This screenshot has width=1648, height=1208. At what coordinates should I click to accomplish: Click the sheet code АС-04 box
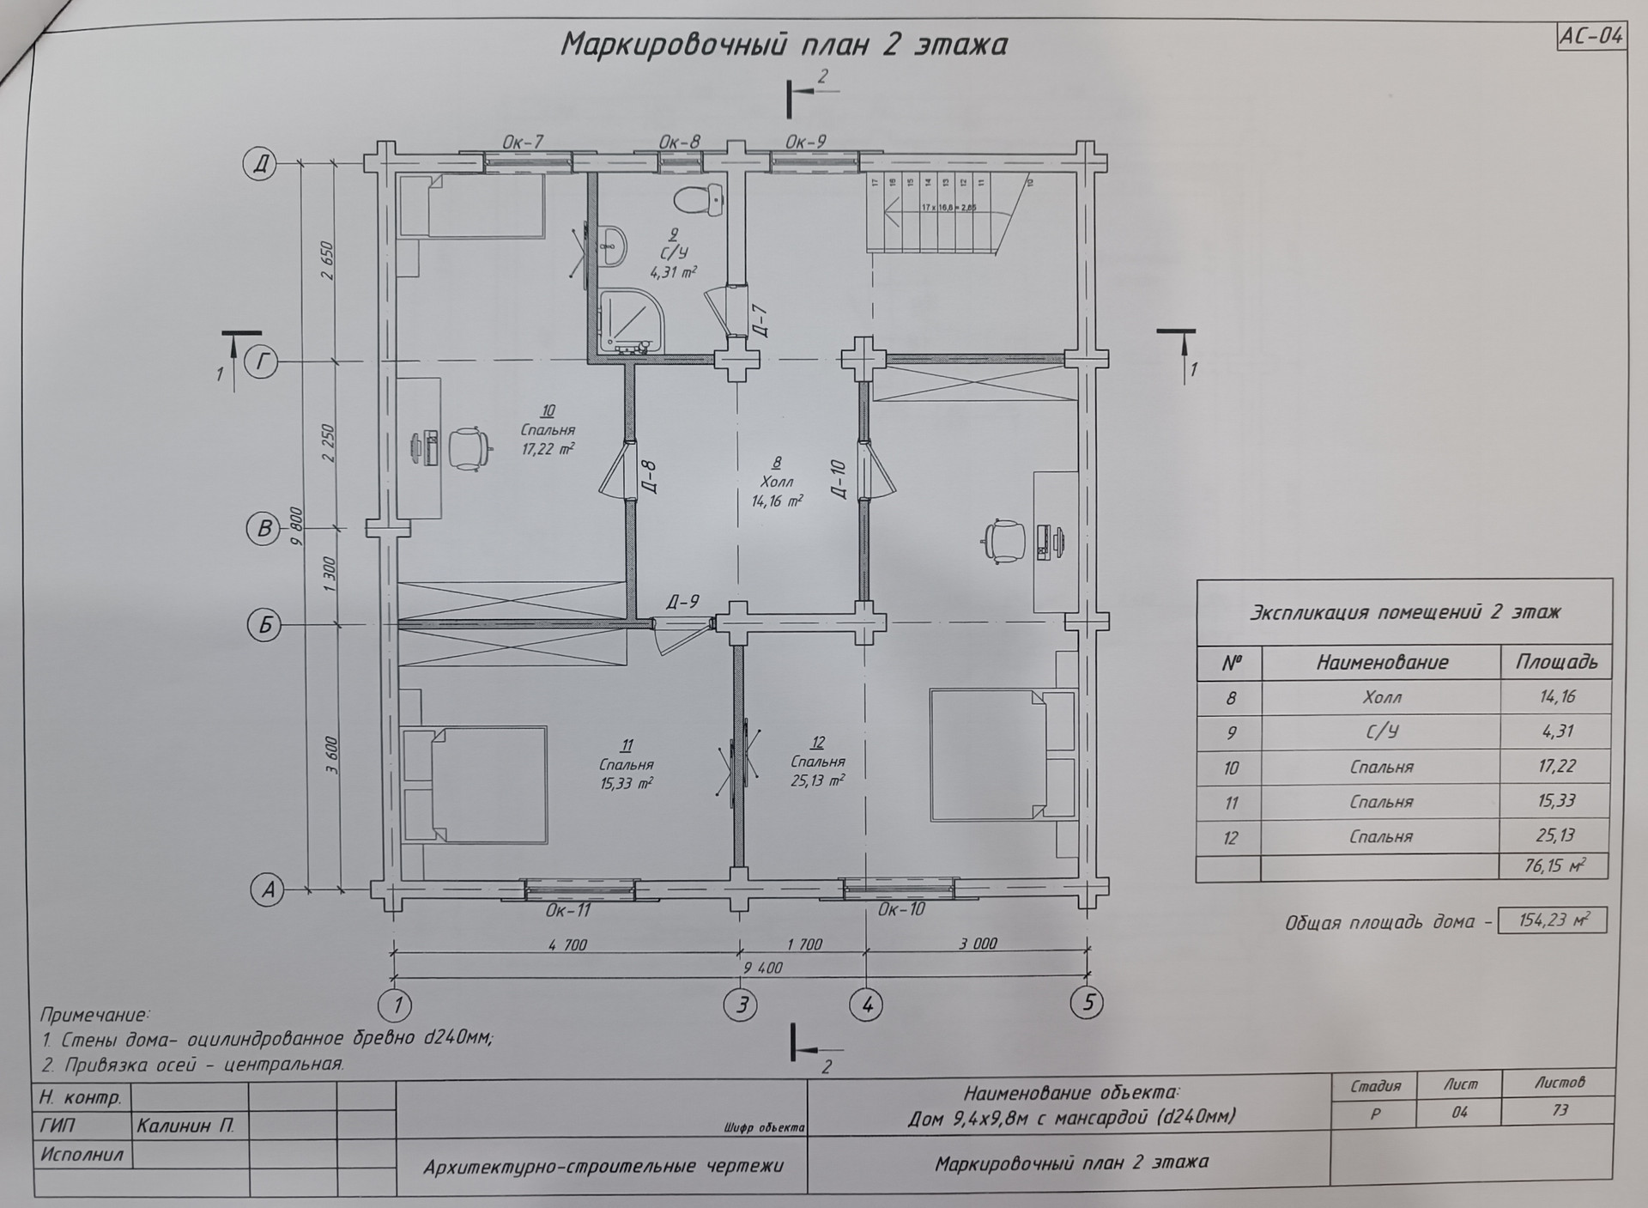click(1590, 37)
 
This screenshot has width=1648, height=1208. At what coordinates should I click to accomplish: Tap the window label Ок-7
click(522, 142)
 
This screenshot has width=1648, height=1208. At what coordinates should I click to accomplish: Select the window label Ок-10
click(901, 909)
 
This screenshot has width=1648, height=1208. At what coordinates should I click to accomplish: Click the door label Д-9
click(682, 602)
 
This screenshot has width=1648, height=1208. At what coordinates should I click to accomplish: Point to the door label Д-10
click(839, 479)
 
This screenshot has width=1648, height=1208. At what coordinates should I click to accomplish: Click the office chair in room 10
click(466, 448)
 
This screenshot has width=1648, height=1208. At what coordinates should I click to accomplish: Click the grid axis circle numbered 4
click(867, 1004)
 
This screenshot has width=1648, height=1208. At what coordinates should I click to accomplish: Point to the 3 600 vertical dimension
click(332, 756)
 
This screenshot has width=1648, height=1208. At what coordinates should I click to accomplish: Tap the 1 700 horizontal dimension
click(804, 944)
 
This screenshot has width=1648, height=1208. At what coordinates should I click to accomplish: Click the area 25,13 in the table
click(1556, 835)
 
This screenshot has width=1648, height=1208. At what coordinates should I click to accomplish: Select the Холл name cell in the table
click(1381, 697)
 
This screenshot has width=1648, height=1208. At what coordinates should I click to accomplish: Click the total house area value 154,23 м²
click(1552, 920)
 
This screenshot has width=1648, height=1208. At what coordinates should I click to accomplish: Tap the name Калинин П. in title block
click(185, 1126)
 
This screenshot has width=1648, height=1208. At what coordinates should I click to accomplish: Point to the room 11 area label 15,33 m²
click(627, 783)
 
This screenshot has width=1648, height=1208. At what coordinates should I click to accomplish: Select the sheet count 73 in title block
click(1560, 1110)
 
